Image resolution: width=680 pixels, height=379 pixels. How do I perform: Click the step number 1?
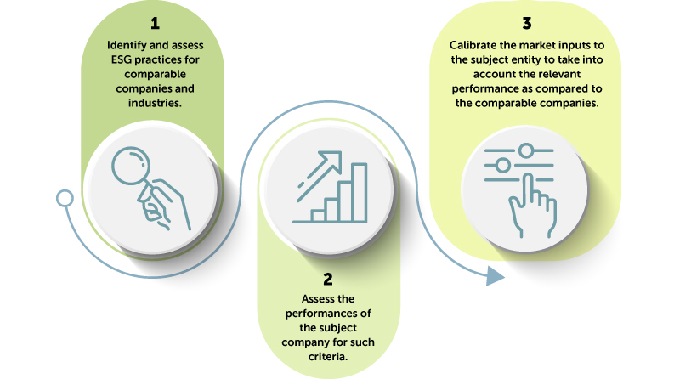click(x=155, y=24)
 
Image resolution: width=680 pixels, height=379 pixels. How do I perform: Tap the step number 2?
click(x=328, y=279)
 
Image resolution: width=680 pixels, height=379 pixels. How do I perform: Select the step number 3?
click(x=527, y=24)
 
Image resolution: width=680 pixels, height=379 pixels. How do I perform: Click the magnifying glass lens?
click(x=131, y=166)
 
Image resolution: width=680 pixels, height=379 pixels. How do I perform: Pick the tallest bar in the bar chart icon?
click(x=359, y=193)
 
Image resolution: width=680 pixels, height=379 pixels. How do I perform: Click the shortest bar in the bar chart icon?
click(x=318, y=216)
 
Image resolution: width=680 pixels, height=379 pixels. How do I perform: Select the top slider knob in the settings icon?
click(x=526, y=150)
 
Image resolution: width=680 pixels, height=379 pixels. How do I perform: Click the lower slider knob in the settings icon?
click(x=502, y=165)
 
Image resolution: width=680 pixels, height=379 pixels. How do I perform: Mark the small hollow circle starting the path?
click(x=65, y=199)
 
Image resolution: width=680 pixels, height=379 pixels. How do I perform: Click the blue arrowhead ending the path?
click(x=496, y=276)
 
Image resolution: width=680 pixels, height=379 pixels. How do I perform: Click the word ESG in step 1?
click(x=121, y=59)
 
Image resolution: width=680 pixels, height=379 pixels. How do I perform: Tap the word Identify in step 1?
click(x=127, y=46)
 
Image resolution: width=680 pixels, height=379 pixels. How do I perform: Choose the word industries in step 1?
click(x=154, y=103)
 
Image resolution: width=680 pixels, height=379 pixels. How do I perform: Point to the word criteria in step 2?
click(x=327, y=356)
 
